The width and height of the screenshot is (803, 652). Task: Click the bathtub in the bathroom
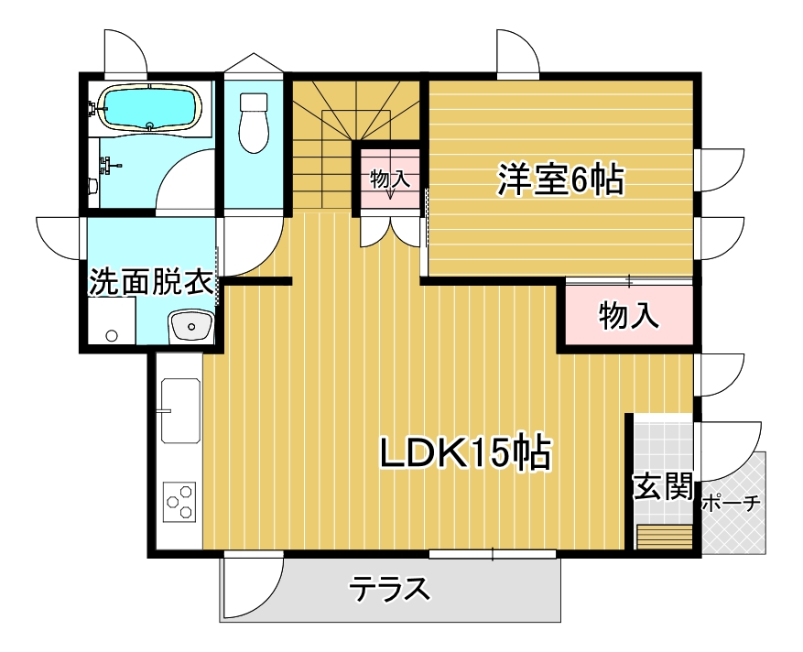(x=149, y=107)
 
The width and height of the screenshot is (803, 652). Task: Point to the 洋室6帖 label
(x=560, y=179)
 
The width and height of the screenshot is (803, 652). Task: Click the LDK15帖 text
(x=465, y=452)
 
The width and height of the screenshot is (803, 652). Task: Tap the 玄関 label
(x=663, y=486)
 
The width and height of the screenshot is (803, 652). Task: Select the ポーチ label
(x=731, y=504)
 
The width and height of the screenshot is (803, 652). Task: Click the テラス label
(x=390, y=589)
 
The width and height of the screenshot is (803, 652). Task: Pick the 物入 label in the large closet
(x=629, y=315)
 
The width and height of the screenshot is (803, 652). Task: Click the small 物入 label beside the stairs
(x=390, y=179)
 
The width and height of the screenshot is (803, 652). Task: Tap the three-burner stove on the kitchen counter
(x=179, y=502)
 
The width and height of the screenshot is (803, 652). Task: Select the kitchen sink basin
(x=180, y=411)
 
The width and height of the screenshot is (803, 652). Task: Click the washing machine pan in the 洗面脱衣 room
(x=112, y=320)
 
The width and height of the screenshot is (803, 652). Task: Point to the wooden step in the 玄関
(x=665, y=537)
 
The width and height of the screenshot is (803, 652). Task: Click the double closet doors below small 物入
(x=390, y=231)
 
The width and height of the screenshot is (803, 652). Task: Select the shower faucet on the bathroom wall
(x=110, y=166)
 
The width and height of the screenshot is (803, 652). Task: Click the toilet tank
(x=254, y=102)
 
